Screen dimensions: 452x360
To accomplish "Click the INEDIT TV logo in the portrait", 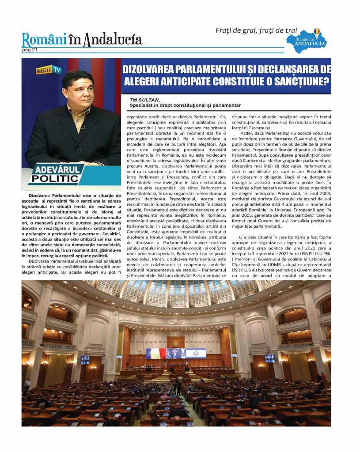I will (48, 69).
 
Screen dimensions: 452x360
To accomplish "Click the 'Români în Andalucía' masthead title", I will (82, 40).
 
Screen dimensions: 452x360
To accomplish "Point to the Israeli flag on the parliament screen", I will (196, 353).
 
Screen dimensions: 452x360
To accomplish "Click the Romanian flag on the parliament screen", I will (156, 354).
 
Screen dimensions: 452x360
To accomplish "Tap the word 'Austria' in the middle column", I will (153, 162).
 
